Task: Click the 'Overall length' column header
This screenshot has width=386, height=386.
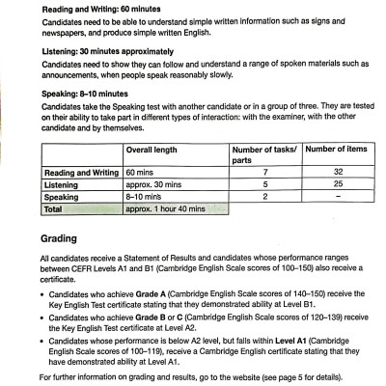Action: [158, 152]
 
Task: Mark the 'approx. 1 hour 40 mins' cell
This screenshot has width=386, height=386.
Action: [169, 207]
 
